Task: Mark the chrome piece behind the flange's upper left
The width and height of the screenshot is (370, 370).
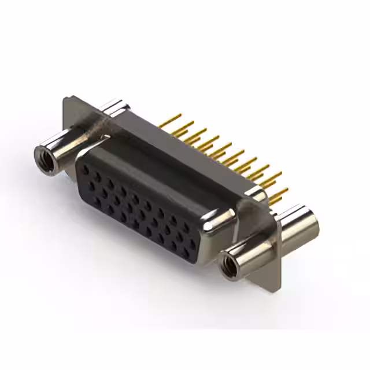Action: [x=116, y=108]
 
